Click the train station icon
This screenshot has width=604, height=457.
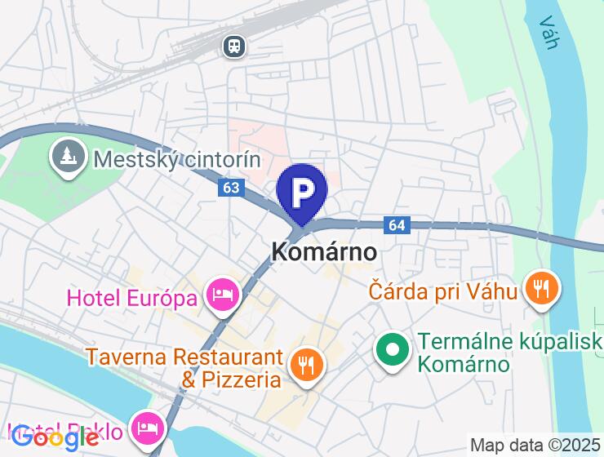tap(235, 47)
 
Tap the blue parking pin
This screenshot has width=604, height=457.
tap(302, 193)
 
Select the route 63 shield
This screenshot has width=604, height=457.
tap(231, 188)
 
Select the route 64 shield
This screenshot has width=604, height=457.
tap(397, 224)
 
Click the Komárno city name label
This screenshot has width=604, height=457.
tap(323, 252)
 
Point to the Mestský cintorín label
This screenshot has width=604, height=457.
tap(176, 158)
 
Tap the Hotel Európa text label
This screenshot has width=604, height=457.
tap(131, 297)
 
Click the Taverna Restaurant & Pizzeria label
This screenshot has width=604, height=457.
tap(184, 368)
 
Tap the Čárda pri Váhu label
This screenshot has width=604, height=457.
tap(443, 290)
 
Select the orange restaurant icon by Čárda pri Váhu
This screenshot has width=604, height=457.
tap(541, 287)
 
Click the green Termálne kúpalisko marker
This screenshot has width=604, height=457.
tap(393, 350)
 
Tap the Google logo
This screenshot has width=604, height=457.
tap(56, 437)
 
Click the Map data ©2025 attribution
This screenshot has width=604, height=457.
tap(535, 446)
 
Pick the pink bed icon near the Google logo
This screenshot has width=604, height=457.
tap(147, 427)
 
